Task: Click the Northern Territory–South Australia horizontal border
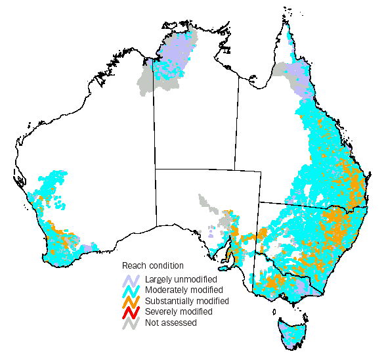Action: tap(197, 169)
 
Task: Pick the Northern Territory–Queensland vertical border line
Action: tap(236, 118)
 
